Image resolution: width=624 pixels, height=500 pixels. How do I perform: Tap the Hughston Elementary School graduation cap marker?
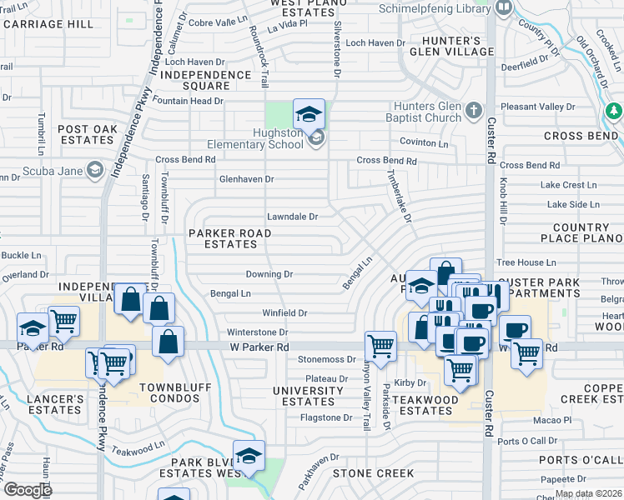tap(309, 114)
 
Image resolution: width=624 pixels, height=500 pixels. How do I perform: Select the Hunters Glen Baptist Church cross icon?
tap(473, 110)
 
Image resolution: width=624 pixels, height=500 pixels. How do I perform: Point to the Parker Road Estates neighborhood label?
tap(230, 238)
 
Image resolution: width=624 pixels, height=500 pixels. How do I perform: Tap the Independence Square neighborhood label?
tap(205, 80)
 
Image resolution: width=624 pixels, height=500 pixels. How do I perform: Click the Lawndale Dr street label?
tap(292, 217)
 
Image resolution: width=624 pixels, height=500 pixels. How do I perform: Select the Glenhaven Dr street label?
tap(246, 179)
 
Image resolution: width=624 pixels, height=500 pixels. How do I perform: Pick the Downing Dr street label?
tap(269, 274)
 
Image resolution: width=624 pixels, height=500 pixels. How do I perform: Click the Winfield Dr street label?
tap(285, 313)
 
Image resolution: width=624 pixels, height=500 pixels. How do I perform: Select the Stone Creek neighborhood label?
tap(373, 473)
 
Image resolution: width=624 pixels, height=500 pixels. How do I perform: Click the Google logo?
tap(28, 489)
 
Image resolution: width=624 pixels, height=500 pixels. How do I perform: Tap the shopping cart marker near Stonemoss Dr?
tap(380, 344)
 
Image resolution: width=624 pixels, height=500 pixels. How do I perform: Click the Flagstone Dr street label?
tap(326, 417)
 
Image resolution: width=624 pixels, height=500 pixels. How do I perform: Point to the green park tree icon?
tap(614, 111)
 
